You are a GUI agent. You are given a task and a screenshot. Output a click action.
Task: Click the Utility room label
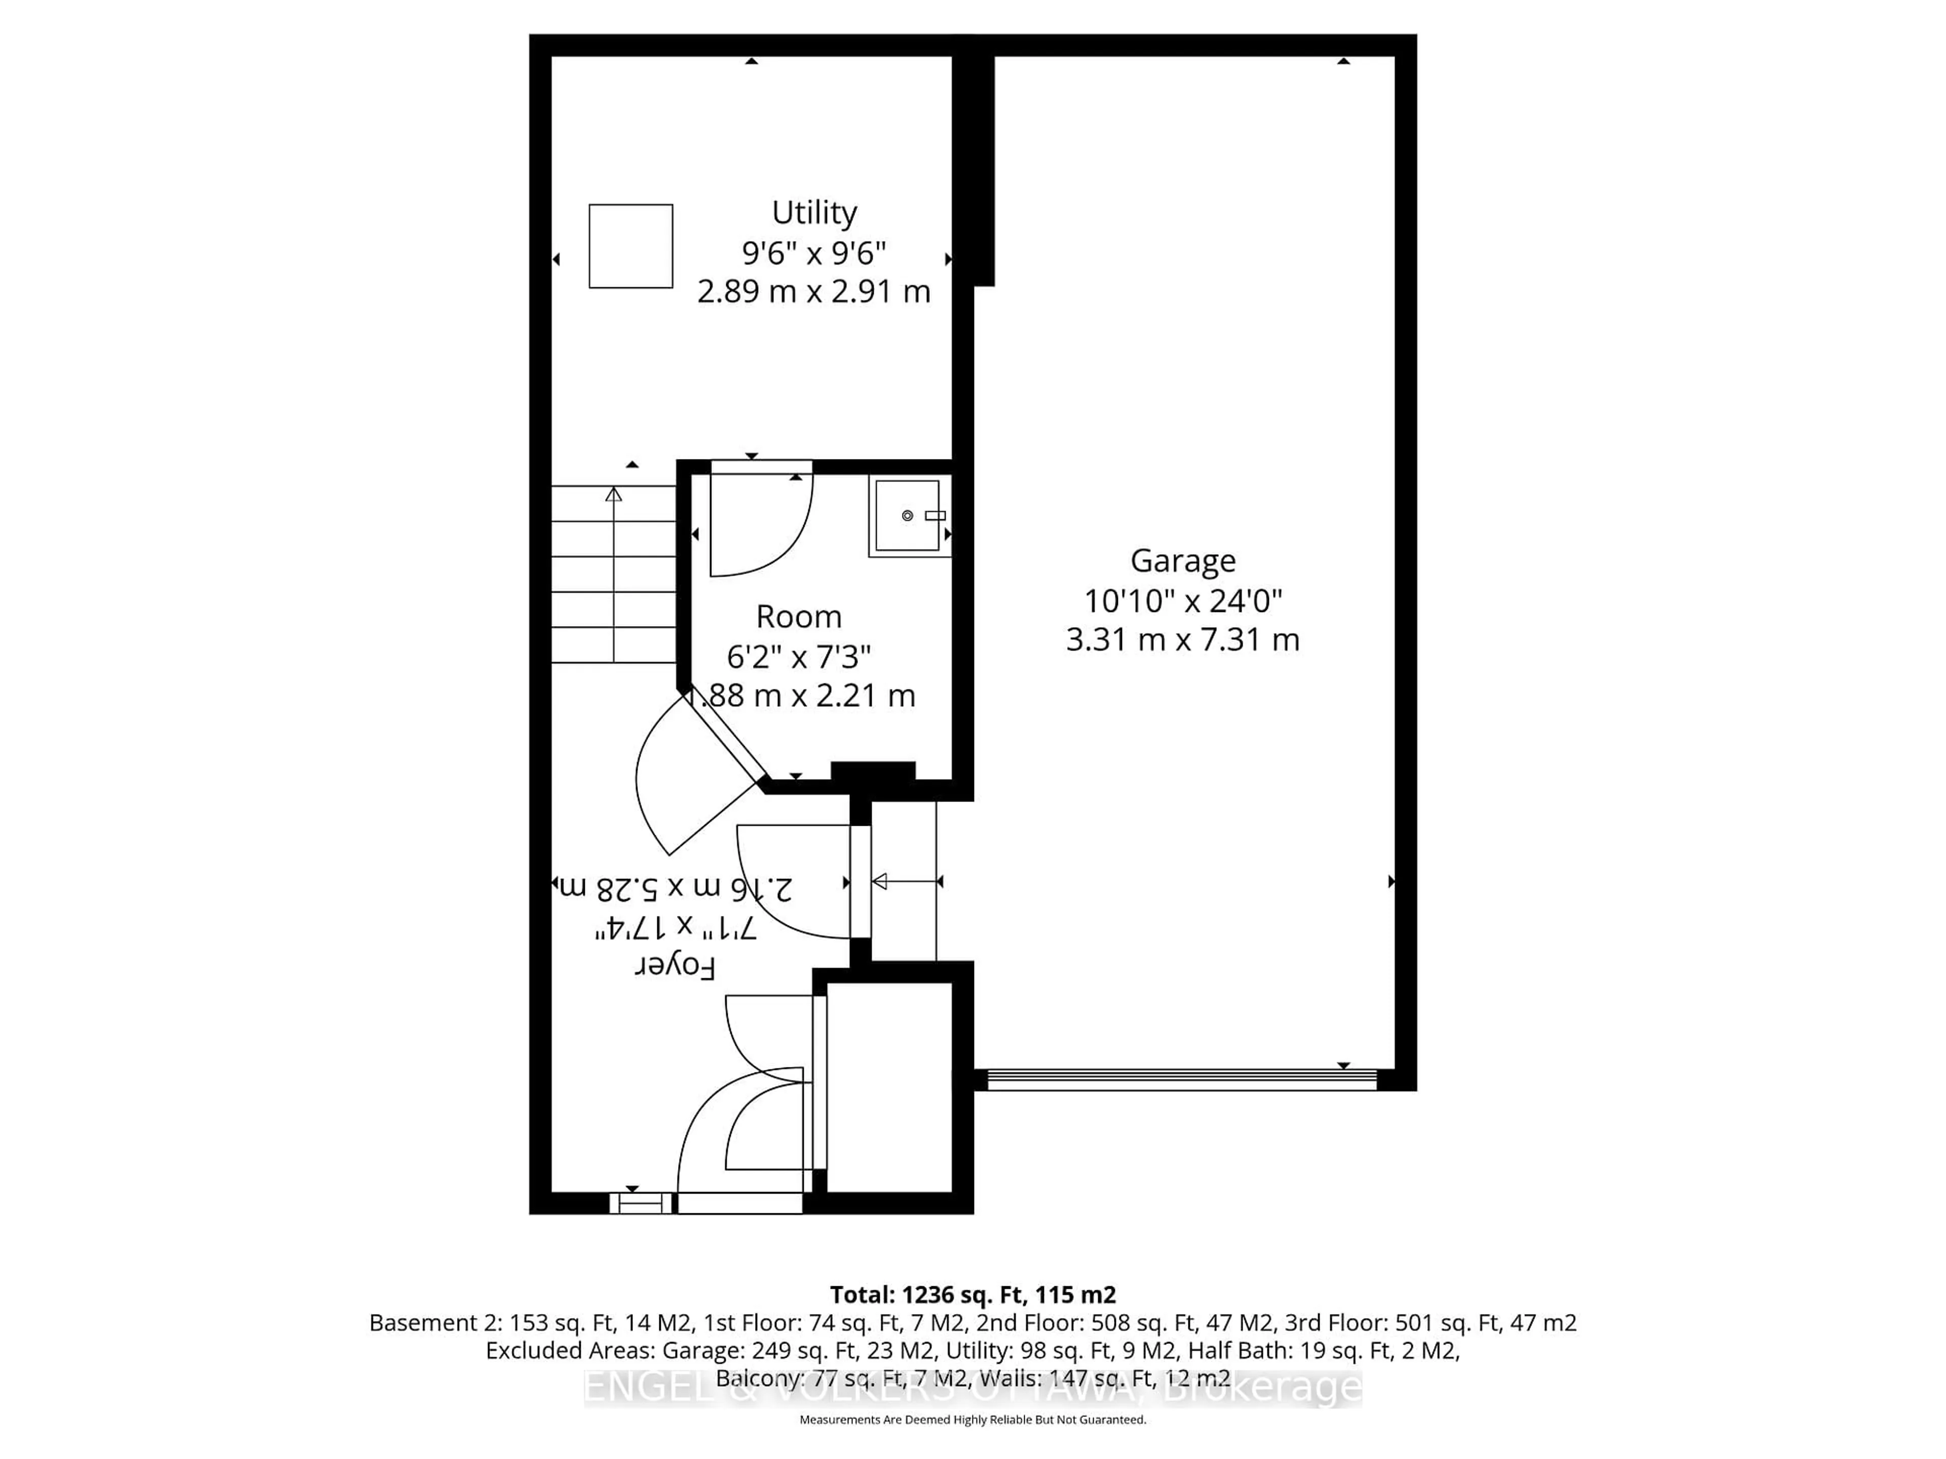point(814,213)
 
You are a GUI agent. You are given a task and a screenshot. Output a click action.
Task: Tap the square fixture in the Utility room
point(631,246)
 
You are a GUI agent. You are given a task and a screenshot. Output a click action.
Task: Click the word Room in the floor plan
point(799,617)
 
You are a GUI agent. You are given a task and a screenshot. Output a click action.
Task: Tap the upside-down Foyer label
point(675,967)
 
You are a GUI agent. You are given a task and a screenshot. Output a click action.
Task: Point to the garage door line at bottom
point(1181,1080)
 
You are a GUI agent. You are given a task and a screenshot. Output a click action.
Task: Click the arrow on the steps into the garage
point(905,881)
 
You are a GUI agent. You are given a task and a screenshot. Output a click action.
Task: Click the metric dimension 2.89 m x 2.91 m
point(814,291)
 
